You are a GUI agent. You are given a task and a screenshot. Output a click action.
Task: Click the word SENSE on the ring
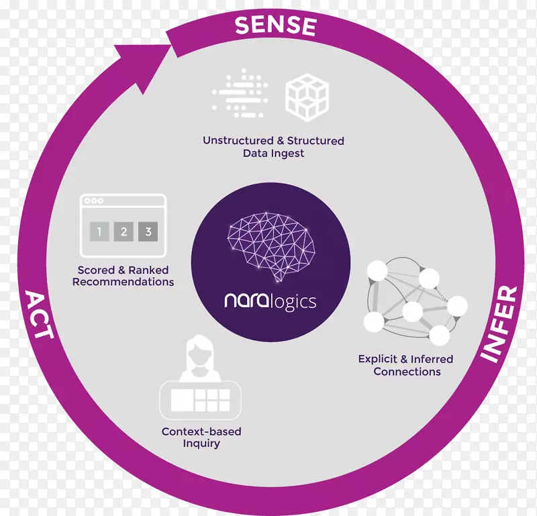tap(275, 25)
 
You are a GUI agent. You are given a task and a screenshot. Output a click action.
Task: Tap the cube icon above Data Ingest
tap(307, 97)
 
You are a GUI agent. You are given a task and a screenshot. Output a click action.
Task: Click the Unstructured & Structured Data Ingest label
tap(273, 147)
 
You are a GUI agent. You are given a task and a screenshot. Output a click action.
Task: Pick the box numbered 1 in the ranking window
tap(99, 232)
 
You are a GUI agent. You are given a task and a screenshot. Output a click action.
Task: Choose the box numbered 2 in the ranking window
tap(124, 232)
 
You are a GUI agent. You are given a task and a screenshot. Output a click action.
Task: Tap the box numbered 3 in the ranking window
tap(149, 232)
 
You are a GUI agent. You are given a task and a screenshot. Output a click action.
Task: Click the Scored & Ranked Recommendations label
tap(123, 276)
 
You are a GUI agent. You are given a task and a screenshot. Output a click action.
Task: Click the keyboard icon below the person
tap(200, 400)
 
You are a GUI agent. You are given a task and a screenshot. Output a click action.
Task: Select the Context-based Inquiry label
tap(201, 437)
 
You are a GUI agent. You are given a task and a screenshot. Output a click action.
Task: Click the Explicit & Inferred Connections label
tap(406, 365)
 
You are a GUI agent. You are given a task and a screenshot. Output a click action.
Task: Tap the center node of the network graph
tap(412, 311)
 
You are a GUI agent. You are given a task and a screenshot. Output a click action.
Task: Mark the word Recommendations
tap(123, 282)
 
